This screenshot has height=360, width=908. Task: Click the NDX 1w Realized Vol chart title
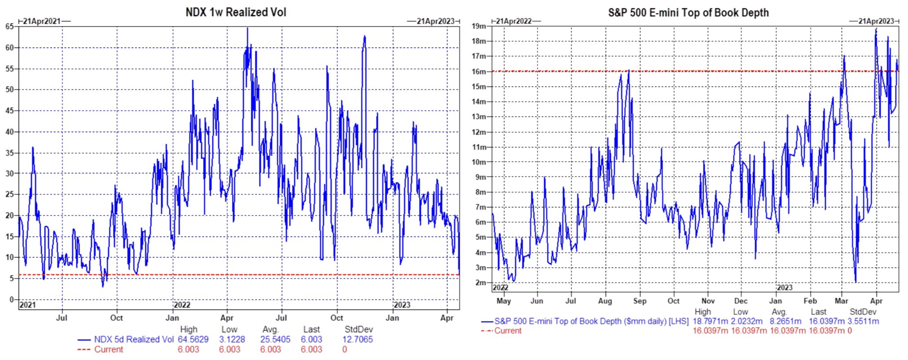[236, 12]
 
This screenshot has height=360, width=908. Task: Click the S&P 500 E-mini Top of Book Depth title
[688, 13]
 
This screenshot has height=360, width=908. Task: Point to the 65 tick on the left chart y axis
[9, 26]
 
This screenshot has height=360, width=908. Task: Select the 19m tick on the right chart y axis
[479, 26]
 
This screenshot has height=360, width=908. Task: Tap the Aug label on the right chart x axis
[605, 301]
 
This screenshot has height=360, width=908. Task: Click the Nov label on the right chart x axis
[708, 301]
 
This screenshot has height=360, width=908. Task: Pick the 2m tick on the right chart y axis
[480, 283]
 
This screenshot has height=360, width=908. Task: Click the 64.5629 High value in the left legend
[193, 339]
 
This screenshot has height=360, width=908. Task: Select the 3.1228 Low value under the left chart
[232, 339]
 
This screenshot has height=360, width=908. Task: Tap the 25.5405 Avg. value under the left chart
[275, 339]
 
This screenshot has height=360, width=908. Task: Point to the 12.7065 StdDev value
[357, 339]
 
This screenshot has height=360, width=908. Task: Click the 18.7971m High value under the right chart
[710, 321]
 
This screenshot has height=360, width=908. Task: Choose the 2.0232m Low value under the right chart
[746, 321]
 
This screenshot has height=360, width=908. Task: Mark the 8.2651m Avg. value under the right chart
[785, 321]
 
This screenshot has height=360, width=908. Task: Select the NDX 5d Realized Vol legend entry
[133, 339]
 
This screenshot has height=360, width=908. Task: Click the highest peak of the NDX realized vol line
[247, 29]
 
